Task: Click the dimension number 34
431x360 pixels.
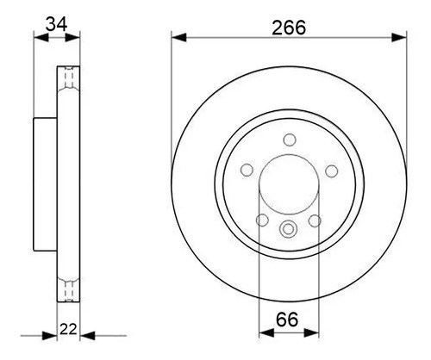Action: (57, 24)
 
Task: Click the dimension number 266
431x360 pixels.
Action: (289, 28)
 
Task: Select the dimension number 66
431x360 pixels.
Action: (287, 320)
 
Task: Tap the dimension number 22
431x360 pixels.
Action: (68, 329)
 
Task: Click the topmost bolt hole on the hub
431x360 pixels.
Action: (290, 140)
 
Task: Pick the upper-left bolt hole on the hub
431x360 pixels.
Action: (247, 171)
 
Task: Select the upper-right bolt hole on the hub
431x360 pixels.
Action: (332, 171)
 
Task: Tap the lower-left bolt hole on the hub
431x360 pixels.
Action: (262, 220)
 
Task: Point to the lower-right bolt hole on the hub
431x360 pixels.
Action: (315, 220)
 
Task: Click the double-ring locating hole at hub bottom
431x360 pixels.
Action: (288, 228)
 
